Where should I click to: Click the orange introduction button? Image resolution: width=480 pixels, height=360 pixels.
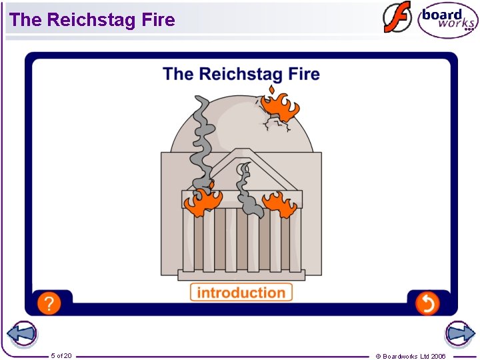pos(241,292)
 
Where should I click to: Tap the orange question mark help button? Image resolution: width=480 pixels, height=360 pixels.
pos(49,303)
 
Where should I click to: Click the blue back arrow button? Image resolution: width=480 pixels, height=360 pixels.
pos(21,334)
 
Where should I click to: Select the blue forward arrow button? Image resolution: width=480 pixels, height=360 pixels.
pos(459,334)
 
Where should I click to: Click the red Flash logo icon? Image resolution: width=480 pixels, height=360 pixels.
pos(397,18)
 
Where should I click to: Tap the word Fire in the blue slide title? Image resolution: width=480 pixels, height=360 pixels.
pos(303,73)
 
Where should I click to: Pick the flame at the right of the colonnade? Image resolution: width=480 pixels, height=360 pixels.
pos(280,203)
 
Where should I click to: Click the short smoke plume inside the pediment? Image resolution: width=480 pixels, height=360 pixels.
pos(247,190)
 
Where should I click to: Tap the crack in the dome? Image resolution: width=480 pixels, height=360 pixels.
pos(275,124)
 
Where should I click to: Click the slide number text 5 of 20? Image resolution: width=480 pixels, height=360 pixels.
pos(61,356)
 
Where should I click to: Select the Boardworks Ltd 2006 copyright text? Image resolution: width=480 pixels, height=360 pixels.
pos(411,356)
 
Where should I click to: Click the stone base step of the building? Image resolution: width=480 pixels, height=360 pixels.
pos(241,275)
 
